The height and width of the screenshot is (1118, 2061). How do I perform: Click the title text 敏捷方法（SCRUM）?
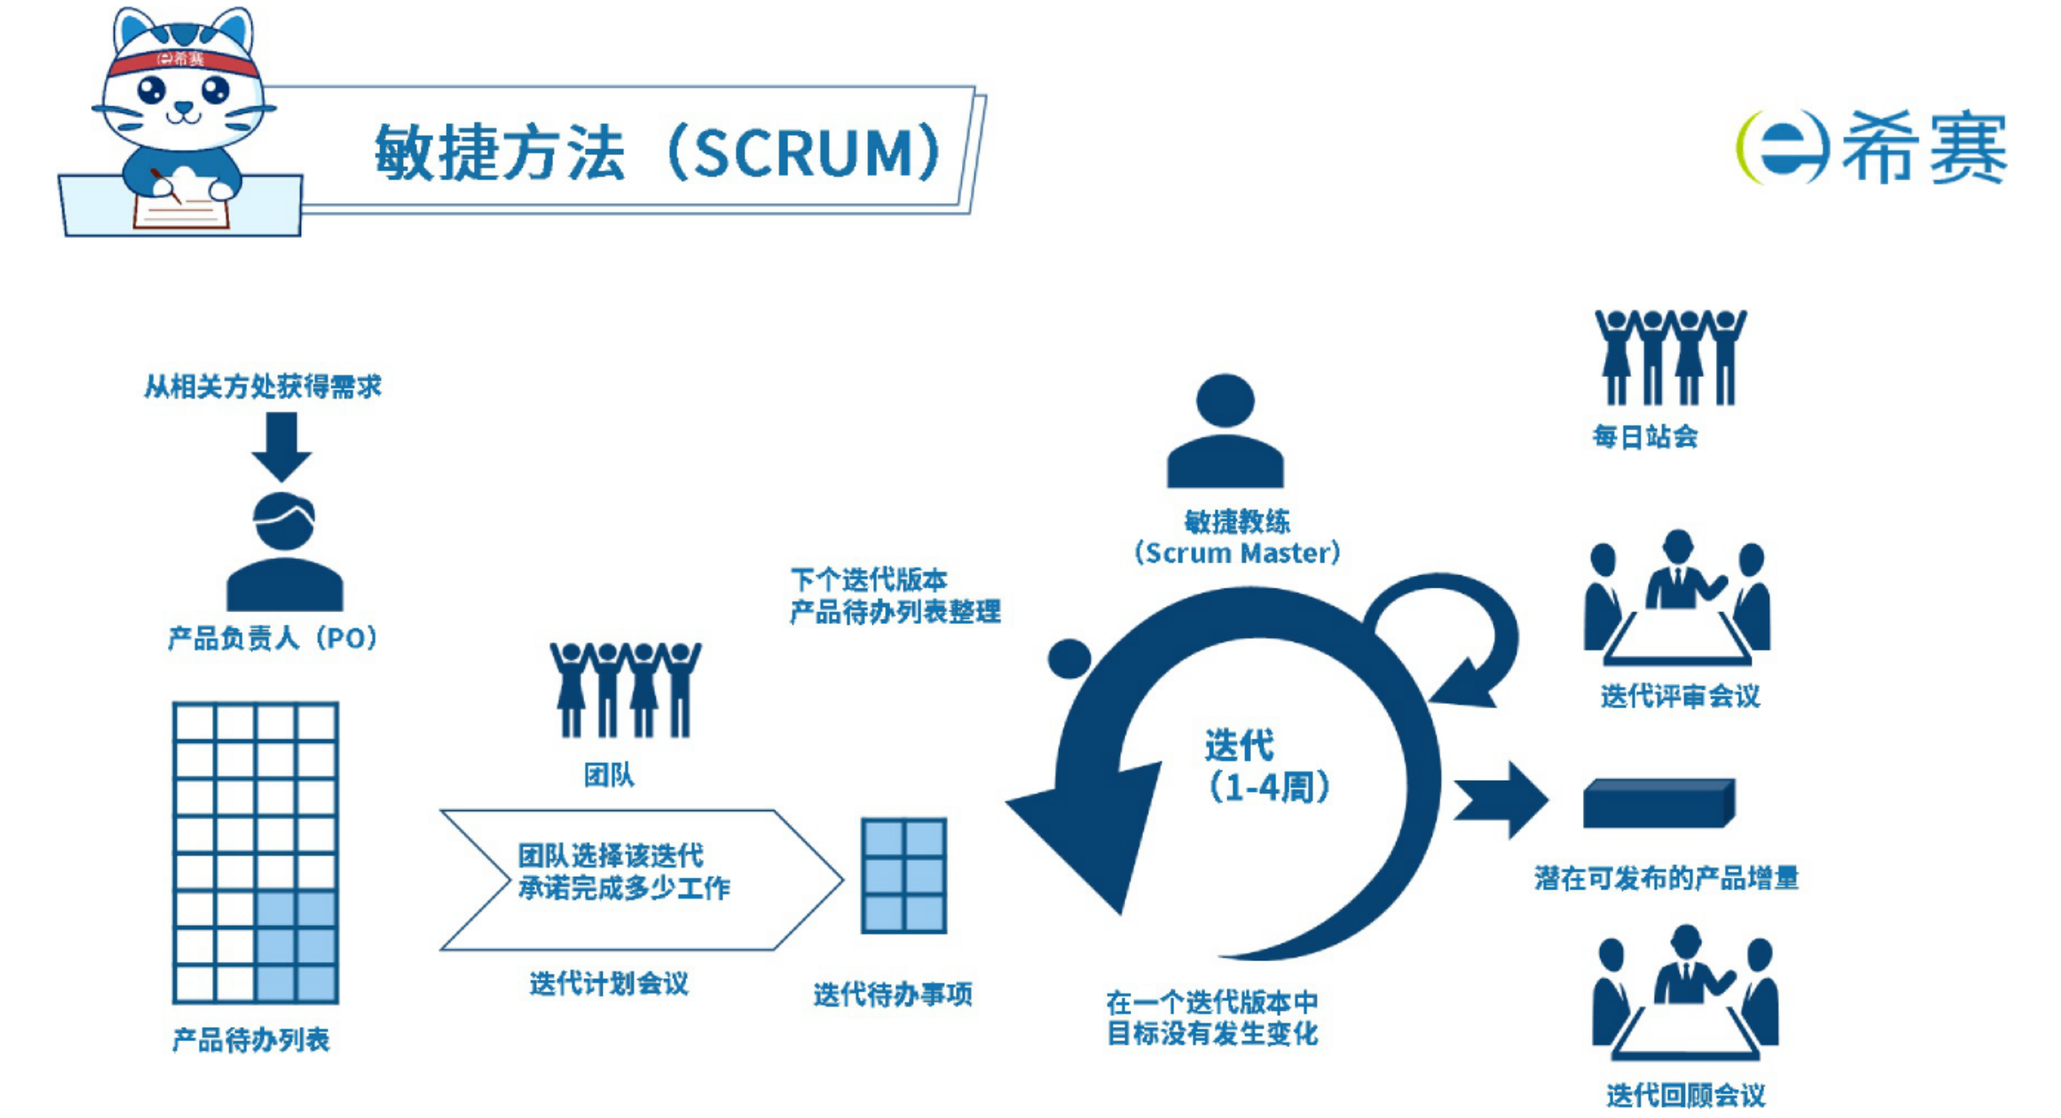(657, 152)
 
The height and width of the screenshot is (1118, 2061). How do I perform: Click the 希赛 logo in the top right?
(1871, 148)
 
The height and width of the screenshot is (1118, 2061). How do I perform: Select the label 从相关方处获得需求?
(262, 386)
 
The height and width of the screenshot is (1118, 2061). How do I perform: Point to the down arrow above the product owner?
(282, 444)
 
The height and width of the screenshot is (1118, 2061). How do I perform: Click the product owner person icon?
(285, 552)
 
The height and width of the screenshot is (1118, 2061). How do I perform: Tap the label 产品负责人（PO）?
(272, 637)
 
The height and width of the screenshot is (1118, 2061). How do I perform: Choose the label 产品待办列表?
(250, 1040)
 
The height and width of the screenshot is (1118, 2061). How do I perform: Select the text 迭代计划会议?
(609, 983)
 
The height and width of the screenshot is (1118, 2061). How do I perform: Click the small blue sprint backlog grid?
(904, 875)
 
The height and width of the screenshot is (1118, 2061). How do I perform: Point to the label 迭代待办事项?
(893, 994)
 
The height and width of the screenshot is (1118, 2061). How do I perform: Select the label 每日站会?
(1645, 436)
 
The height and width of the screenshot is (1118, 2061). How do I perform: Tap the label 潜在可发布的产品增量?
(1667, 879)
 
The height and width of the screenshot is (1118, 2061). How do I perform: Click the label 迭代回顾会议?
(1685, 1095)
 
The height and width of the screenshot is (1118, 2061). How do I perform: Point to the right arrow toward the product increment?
(1504, 799)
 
